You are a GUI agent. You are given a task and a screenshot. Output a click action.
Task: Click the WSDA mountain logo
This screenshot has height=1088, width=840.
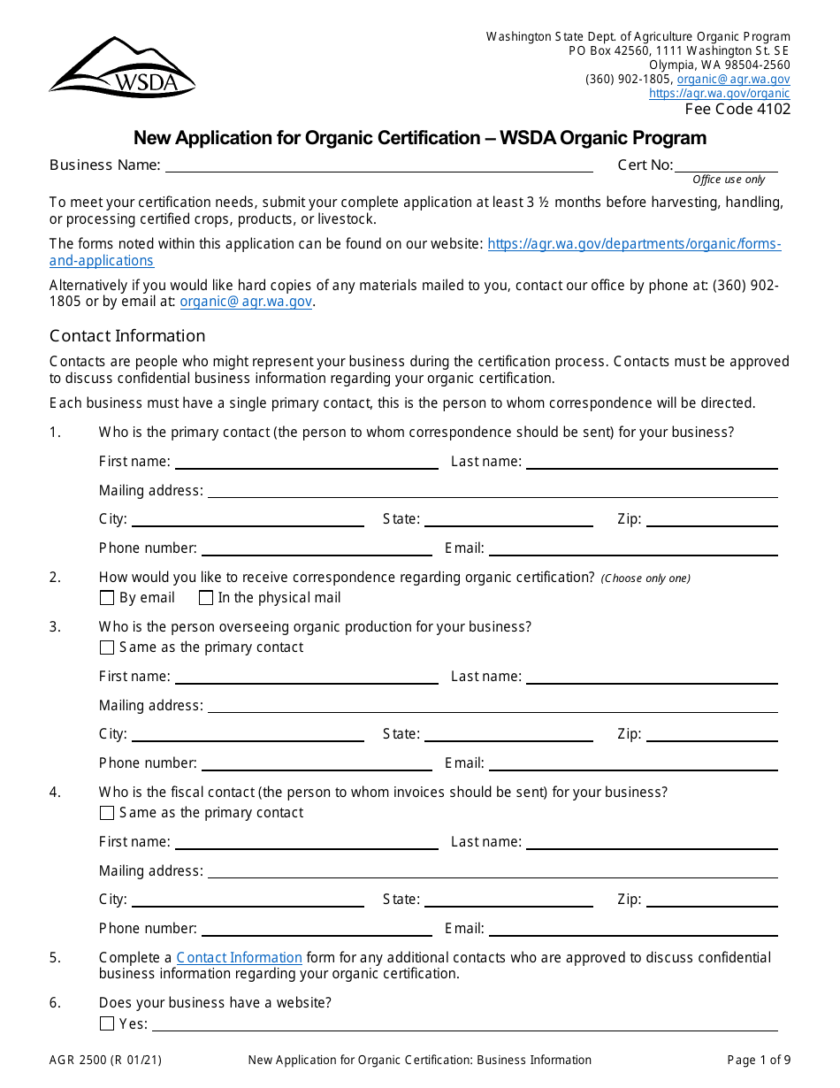pyautogui.click(x=122, y=67)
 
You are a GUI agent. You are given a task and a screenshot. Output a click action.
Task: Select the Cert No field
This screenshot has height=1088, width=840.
pyautogui.click(x=726, y=165)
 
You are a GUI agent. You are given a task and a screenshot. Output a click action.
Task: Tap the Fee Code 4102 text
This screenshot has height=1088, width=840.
pyautogui.click(x=737, y=110)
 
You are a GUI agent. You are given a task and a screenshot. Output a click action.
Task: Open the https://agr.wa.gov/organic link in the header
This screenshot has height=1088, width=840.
pyautogui.click(x=719, y=94)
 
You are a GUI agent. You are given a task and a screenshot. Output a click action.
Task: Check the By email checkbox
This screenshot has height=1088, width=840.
pyautogui.click(x=107, y=598)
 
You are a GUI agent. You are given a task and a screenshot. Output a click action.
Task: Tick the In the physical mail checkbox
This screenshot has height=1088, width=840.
pyautogui.click(x=206, y=598)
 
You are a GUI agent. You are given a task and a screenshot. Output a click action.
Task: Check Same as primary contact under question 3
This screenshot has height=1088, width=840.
pyautogui.click(x=107, y=647)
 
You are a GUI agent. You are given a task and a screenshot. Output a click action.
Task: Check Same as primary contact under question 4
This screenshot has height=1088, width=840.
pyautogui.click(x=107, y=813)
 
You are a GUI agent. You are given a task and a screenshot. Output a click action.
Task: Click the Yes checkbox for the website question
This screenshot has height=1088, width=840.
pyautogui.click(x=107, y=1023)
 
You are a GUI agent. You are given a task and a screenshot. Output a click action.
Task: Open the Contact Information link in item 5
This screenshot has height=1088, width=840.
pyautogui.click(x=239, y=958)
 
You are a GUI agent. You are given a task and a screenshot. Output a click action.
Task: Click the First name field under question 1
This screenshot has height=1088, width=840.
pyautogui.click(x=306, y=461)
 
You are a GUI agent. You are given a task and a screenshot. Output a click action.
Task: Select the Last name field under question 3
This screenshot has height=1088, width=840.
pyautogui.click(x=652, y=676)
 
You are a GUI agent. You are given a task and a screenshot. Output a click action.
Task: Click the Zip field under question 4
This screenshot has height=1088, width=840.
pyautogui.click(x=712, y=899)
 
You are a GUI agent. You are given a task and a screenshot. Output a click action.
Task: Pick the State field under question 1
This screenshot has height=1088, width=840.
pyautogui.click(x=508, y=518)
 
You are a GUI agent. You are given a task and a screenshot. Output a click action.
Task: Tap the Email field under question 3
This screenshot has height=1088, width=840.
pyautogui.click(x=633, y=762)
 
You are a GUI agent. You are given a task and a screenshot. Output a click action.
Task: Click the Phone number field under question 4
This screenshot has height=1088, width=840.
pyautogui.click(x=317, y=928)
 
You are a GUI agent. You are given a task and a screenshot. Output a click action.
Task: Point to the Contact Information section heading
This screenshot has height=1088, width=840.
pyautogui.click(x=127, y=336)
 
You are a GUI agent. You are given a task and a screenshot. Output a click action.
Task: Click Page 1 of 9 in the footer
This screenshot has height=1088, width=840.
pyautogui.click(x=759, y=1060)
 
